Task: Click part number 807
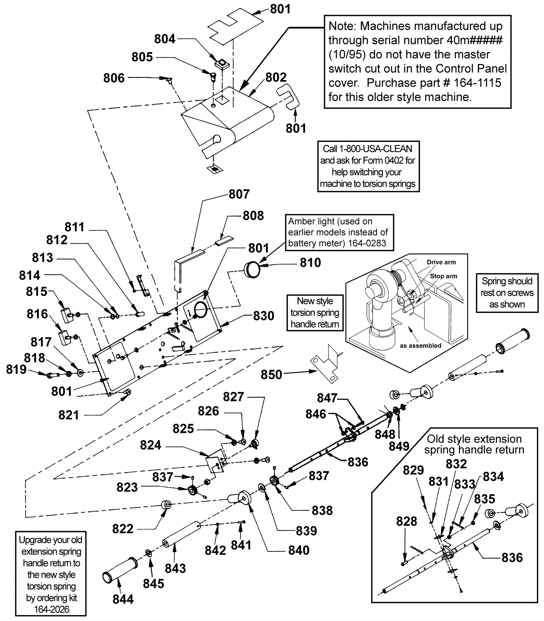point(239,194)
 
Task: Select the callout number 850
point(271,375)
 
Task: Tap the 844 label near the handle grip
point(123,599)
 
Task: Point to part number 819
point(16,369)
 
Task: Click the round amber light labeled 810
point(252,270)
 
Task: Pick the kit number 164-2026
point(52,609)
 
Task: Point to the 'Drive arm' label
point(441,262)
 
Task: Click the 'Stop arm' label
point(443,276)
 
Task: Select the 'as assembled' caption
point(420,346)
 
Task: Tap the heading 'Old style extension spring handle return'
point(474,444)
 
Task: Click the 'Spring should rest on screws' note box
point(507,293)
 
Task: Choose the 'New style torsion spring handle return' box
point(315,313)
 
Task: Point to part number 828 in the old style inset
point(406,521)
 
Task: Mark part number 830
point(263,316)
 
